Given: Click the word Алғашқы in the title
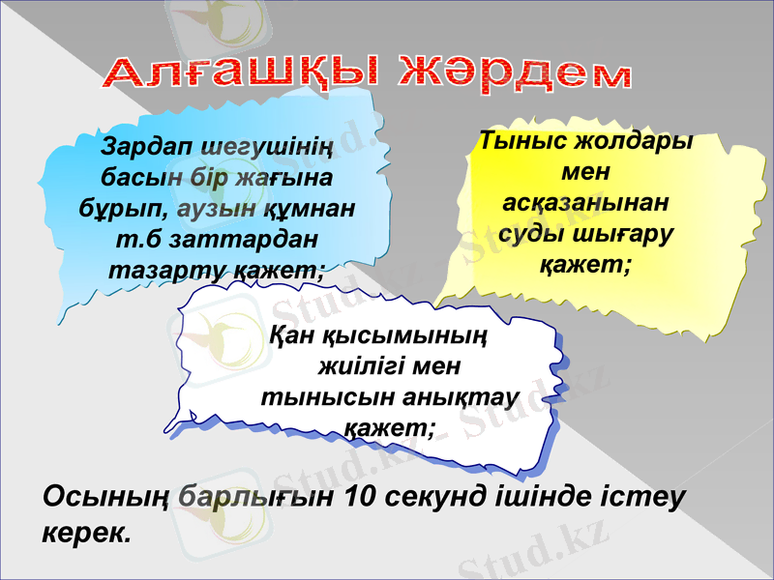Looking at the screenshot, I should [243, 76].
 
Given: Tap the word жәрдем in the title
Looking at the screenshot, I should [515, 73].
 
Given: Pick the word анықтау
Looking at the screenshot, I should [462, 398].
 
